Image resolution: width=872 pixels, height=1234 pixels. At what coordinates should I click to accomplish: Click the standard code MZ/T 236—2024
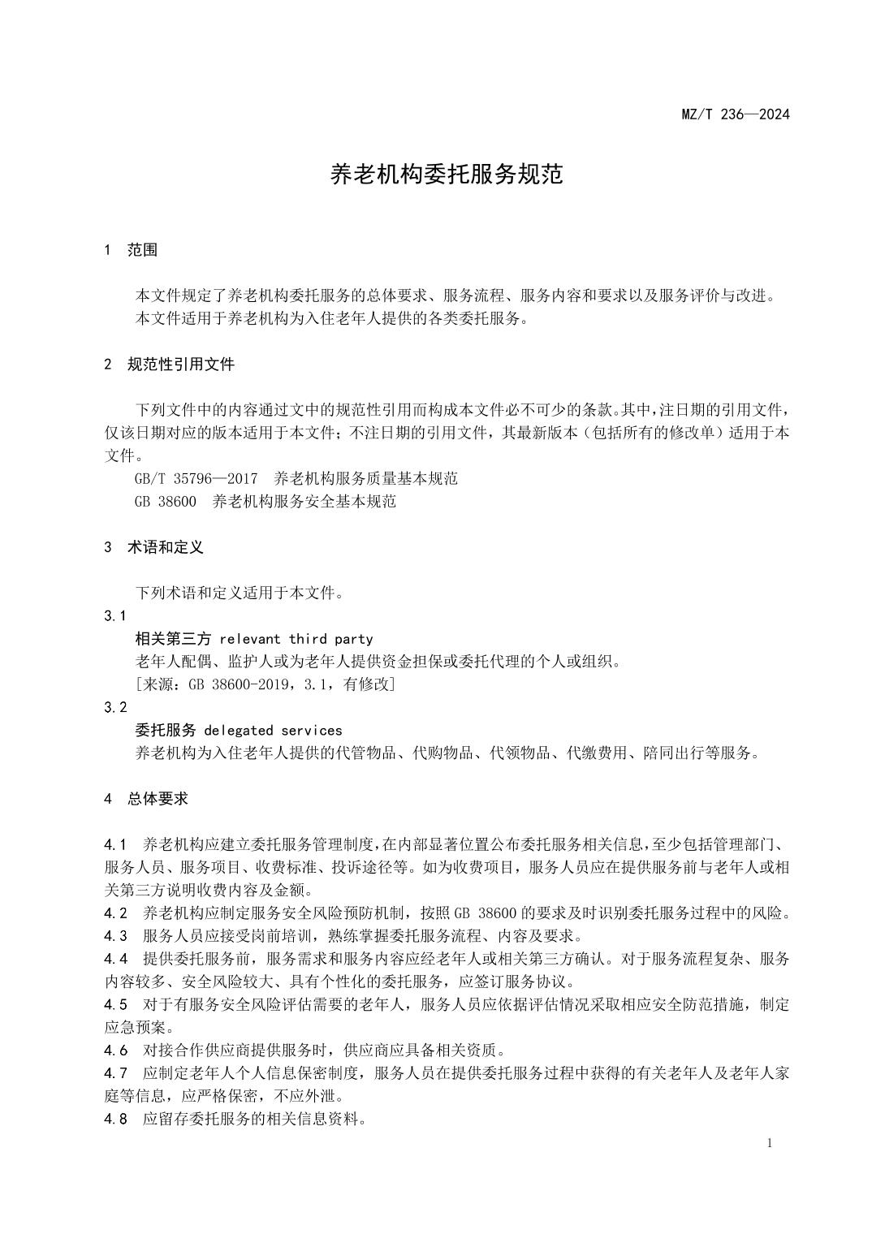735,114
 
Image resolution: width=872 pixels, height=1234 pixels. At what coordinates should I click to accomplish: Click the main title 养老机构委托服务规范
446,174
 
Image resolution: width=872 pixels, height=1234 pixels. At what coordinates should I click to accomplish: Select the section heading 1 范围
132,250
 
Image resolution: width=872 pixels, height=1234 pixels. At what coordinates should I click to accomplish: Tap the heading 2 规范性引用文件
170,365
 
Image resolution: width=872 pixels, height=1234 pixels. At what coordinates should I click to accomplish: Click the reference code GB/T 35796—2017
196,478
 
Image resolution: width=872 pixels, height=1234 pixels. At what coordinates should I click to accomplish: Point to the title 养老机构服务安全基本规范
304,502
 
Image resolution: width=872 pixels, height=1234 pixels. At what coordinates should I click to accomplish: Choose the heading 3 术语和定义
154,547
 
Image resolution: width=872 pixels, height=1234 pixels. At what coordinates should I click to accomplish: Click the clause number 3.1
115,616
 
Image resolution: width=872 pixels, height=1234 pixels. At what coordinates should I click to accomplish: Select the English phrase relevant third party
296,639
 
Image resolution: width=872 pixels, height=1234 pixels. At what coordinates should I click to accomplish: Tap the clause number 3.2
115,707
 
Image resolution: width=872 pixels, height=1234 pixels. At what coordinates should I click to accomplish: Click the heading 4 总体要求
147,799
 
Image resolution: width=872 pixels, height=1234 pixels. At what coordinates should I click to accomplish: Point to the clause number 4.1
115,844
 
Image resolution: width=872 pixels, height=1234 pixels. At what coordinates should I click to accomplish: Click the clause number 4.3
115,936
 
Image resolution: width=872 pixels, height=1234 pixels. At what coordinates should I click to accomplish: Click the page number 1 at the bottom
768,1143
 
